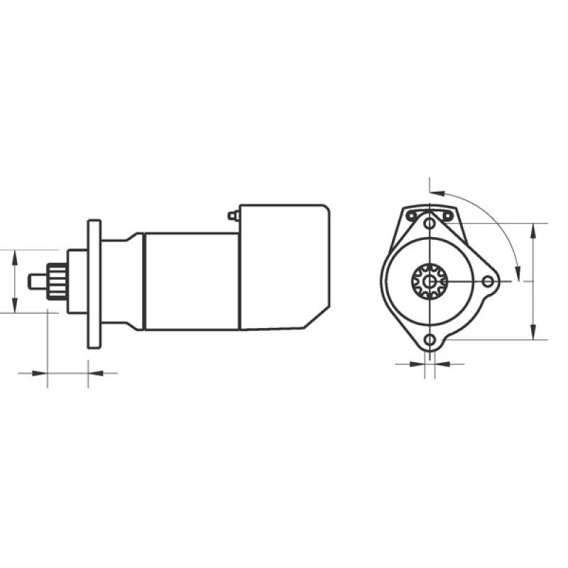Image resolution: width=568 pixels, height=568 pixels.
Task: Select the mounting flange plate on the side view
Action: (94, 284)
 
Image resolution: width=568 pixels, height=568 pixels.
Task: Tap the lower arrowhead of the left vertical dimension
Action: (13, 307)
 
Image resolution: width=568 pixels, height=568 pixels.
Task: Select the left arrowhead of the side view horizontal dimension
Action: (42, 371)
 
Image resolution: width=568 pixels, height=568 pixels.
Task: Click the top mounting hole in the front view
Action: (429, 224)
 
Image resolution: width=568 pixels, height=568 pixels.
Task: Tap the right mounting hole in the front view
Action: (487, 282)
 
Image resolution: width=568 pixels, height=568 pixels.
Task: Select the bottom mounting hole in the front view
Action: (429, 340)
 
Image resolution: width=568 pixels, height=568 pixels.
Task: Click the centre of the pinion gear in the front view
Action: (429, 282)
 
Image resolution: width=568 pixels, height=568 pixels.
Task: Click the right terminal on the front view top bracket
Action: (447, 214)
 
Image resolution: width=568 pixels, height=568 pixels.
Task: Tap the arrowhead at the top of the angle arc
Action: (438, 191)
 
